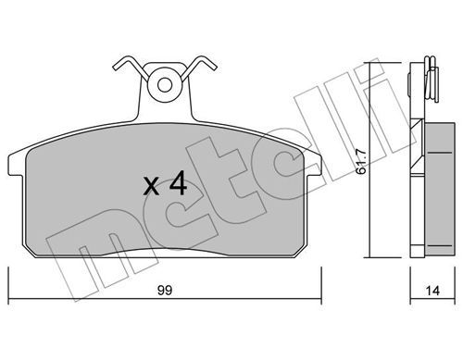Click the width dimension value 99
click(x=165, y=291)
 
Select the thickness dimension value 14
click(x=432, y=291)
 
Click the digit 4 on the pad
click(x=177, y=183)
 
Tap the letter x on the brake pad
click(x=151, y=187)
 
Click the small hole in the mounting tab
click(x=165, y=85)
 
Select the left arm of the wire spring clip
click(x=130, y=67)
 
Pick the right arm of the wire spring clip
click(x=200, y=67)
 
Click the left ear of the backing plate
click(x=16, y=165)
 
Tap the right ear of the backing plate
click(x=313, y=165)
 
